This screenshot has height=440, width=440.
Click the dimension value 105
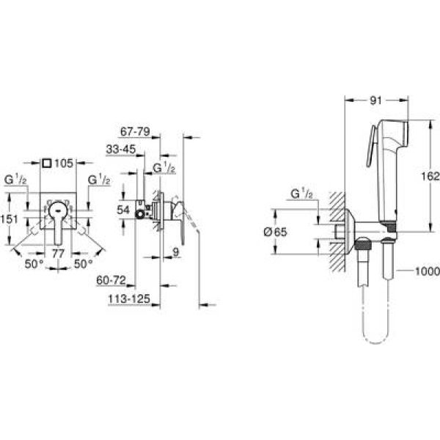[64, 164]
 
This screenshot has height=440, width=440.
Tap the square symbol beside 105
[47, 163]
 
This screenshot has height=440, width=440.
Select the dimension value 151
[9, 219]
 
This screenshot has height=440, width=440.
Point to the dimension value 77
[58, 254]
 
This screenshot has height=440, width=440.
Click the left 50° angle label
[34, 264]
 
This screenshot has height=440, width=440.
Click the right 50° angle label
[84, 264]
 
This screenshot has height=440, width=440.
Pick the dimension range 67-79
[135, 131]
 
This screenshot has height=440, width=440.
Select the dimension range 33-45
[121, 149]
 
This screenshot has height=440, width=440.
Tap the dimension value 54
[123, 210]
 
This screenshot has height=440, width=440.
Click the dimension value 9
[176, 252]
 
